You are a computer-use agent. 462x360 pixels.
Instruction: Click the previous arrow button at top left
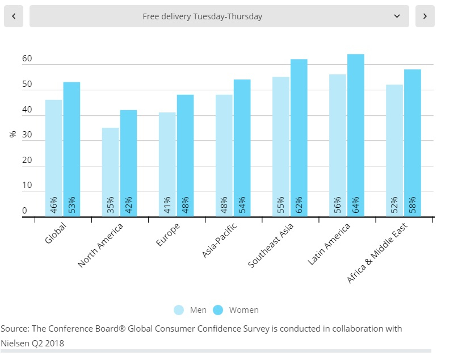pos(14,16)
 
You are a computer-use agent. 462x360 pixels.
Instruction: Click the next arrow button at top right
pos(425,16)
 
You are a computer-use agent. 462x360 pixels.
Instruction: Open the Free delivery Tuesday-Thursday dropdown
pos(219,16)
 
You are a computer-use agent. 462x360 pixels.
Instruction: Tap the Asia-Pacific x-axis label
pos(220,241)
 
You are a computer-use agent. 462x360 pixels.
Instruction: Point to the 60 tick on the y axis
pos(27,59)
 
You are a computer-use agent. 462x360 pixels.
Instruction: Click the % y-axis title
pos(12,135)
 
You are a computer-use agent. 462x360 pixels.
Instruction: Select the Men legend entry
pos(191,310)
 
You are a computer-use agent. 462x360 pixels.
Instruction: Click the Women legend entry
pos(236,310)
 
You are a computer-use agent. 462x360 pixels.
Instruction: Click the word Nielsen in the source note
pos(15,343)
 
